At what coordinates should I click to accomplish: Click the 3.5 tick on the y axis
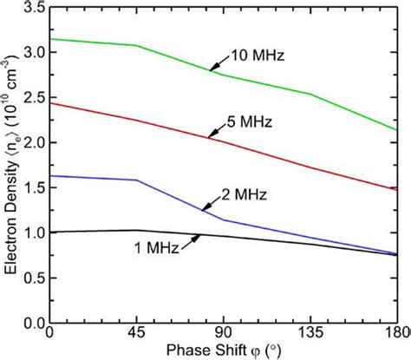click(32, 8)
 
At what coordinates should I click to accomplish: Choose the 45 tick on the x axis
click(136, 334)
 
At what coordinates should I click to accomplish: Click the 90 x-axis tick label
click(224, 334)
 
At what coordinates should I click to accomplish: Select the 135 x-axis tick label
click(310, 334)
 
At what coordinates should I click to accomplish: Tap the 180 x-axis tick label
click(397, 334)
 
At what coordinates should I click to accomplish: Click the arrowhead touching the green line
click(211, 69)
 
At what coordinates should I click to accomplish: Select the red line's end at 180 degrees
click(398, 189)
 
